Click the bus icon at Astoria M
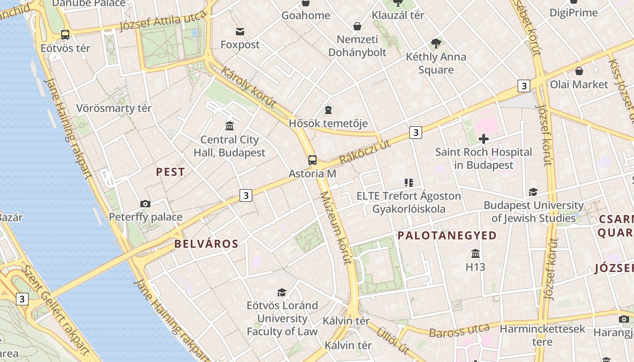312,160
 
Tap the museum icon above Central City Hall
230,126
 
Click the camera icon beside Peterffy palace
145,204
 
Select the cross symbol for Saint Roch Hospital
484,139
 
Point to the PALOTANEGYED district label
447,236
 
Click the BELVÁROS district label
207,244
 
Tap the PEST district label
170,172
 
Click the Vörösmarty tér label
114,109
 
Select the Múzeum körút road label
336,228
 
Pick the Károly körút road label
248,87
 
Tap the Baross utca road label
459,331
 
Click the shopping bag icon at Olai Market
579,71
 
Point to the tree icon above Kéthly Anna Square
436,43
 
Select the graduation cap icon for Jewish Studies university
533,192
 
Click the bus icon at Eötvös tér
65,35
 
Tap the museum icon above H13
475,253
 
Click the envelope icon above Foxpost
240,31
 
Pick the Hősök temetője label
328,124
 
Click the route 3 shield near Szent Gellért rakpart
22,299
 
